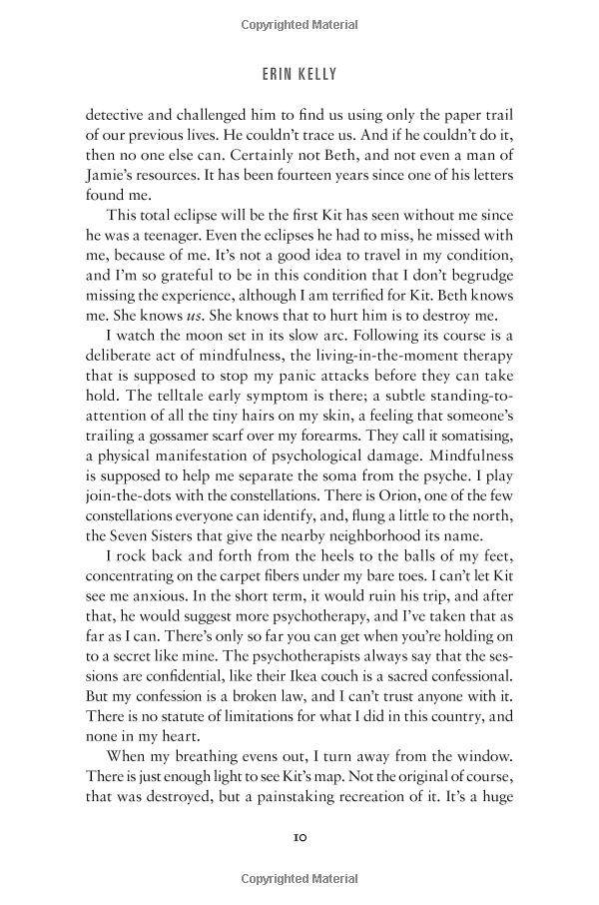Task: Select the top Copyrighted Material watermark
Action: (x=299, y=20)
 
